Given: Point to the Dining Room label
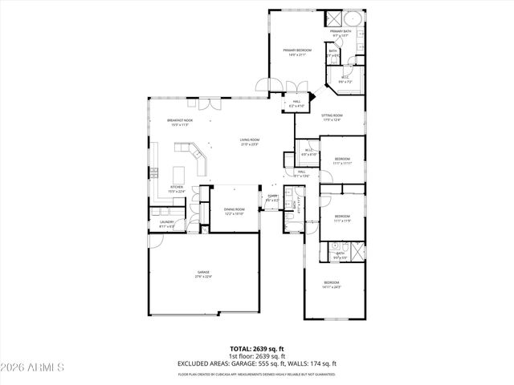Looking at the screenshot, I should coord(234,210).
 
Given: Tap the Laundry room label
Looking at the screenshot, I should coord(167,225).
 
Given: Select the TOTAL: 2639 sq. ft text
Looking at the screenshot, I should coord(256,349).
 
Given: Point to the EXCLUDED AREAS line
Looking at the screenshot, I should coord(256,363).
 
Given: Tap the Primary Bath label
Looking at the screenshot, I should coord(341,33).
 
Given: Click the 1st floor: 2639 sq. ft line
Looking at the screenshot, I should coord(256,356).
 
